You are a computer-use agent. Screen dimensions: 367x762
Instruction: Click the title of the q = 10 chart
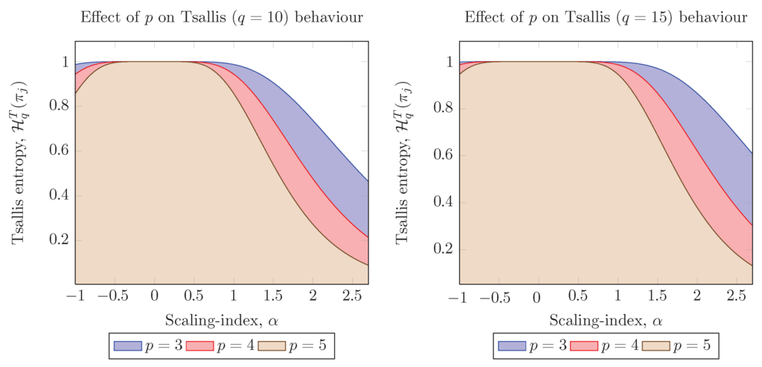click(x=221, y=16)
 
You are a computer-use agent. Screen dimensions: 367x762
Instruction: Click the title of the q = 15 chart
click(x=606, y=16)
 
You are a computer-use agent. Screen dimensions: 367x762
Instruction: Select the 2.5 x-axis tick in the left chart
click(x=352, y=296)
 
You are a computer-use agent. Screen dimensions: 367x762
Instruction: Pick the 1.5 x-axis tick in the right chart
click(x=657, y=296)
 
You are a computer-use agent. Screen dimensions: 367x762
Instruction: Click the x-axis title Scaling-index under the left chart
click(x=221, y=321)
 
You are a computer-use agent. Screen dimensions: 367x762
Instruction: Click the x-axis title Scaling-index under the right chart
click(x=606, y=321)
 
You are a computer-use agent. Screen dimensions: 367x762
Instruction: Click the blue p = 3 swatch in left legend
click(x=127, y=345)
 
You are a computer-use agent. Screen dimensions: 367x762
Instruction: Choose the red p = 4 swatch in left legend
click(x=199, y=345)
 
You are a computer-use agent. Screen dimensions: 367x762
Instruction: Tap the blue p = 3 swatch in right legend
click(x=511, y=345)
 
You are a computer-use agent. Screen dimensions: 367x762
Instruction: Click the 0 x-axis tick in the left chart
click(x=154, y=296)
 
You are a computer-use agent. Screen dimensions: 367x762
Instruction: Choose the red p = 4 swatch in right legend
click(x=584, y=345)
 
